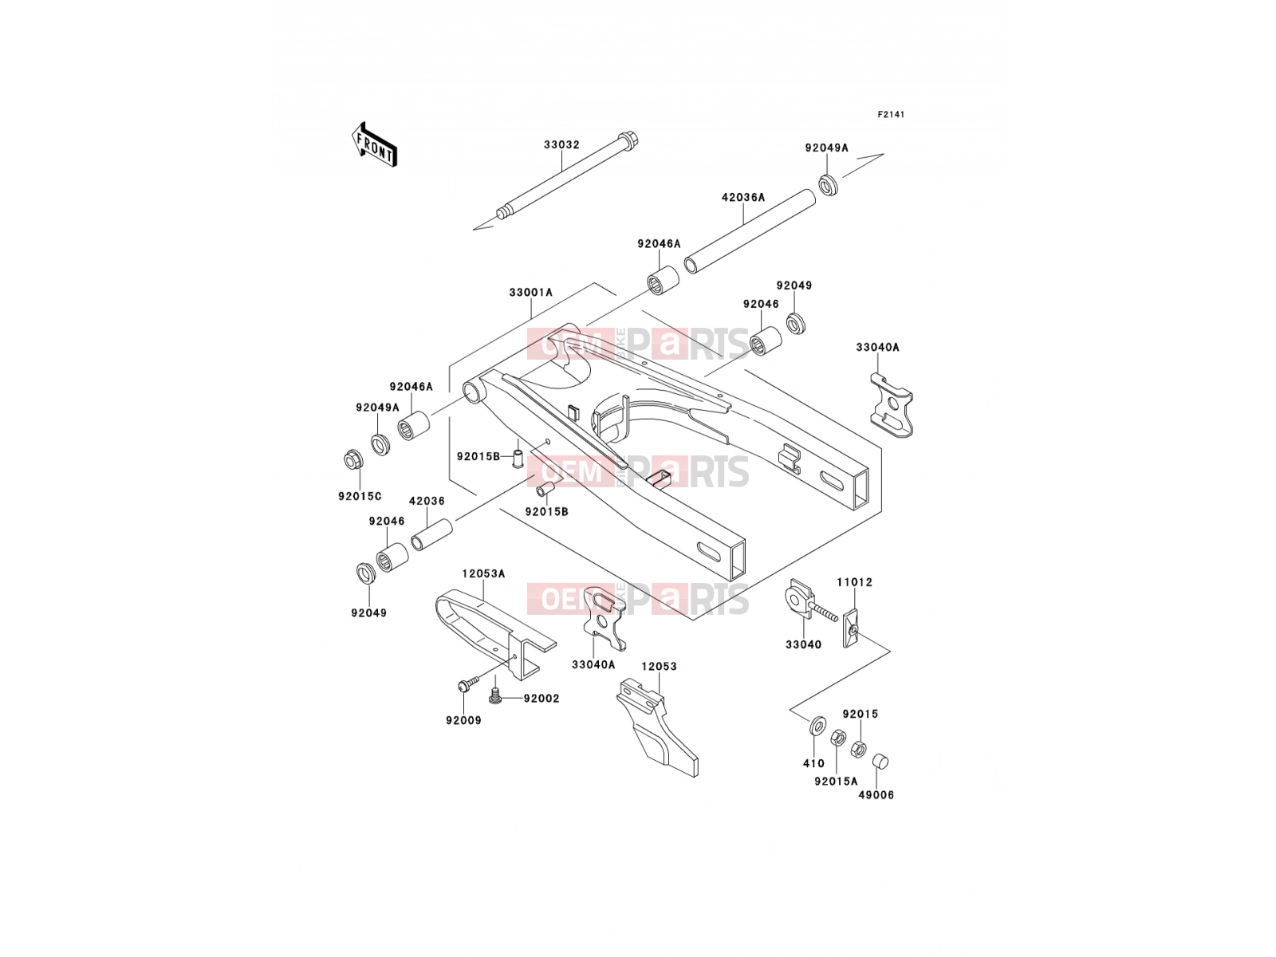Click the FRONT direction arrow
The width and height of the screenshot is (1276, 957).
coord(374,144)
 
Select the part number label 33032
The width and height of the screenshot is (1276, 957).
coord(561,144)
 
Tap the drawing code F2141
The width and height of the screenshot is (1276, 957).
coord(891,115)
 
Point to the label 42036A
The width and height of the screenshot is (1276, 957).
coord(743,198)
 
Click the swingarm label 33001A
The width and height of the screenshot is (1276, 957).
coord(531,293)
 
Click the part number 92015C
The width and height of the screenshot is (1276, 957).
coord(360,496)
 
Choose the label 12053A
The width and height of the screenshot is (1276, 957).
coord(483,574)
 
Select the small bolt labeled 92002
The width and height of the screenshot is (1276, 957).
coord(495,695)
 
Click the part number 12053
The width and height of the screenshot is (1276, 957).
coord(660,667)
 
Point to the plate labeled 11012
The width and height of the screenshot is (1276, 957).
coord(851,627)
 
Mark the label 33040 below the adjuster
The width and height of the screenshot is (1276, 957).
coord(803,645)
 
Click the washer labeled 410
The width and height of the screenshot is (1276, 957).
coord(817,725)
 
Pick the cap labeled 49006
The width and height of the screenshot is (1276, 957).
coord(880,761)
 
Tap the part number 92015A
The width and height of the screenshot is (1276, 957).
coord(836,782)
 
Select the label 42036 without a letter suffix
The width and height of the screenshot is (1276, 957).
coord(427,501)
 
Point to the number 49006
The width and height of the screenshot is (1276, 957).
coord(876,795)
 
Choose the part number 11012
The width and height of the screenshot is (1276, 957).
coord(855,582)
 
